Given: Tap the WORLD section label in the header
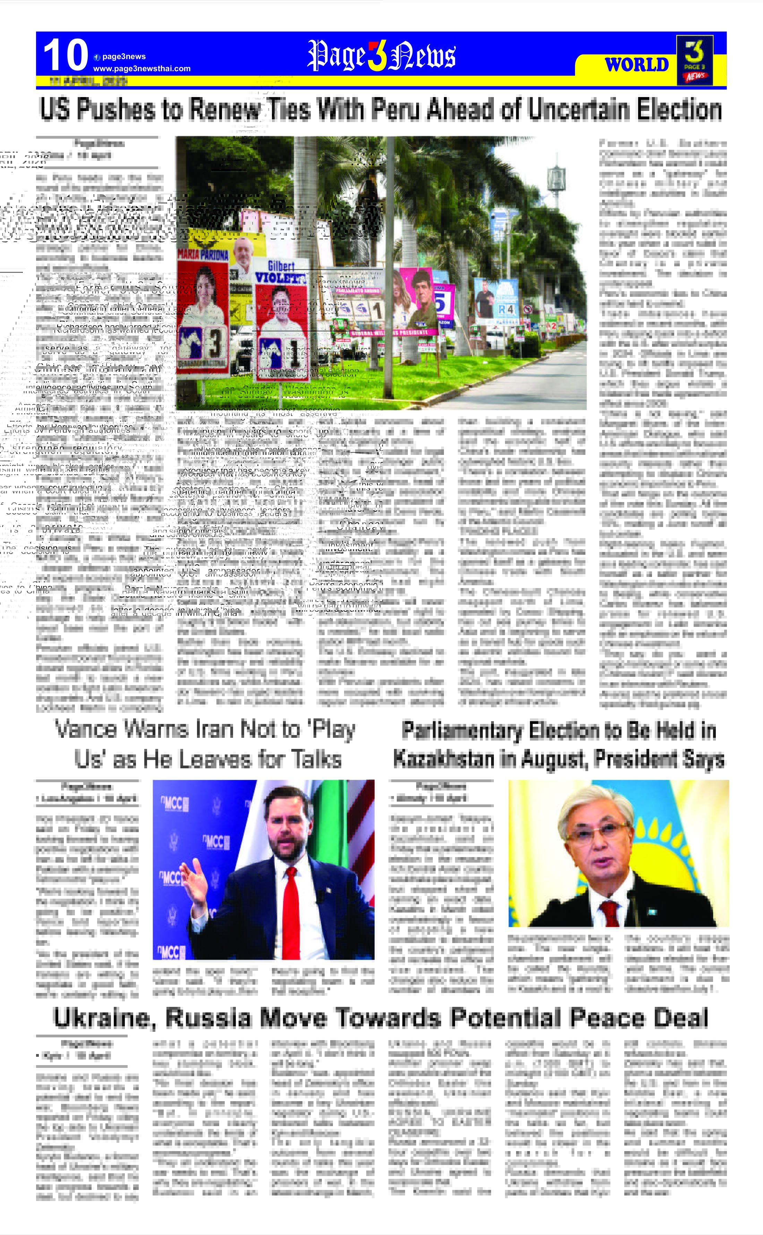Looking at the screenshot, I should coord(636,64).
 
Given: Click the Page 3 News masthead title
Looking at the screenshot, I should coord(381,55).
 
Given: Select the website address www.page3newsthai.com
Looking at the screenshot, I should coord(142,69).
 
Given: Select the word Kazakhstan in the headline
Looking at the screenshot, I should coord(444,759).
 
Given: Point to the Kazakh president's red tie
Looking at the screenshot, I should coord(611,913).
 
